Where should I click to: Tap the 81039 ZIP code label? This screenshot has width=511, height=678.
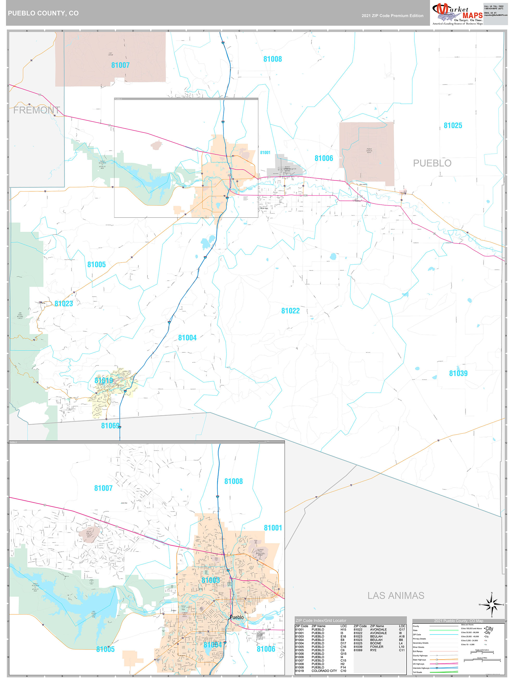(458, 373)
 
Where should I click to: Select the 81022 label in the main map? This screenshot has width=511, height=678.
(290, 311)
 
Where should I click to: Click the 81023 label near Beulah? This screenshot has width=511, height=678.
(64, 304)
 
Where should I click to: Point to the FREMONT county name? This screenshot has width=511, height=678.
(36, 110)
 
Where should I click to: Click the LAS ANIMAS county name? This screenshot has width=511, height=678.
(396, 596)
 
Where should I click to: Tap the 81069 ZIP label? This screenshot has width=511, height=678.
(110, 426)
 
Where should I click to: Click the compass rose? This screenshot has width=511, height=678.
(492, 605)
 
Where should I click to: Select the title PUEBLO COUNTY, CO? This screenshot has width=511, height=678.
(43, 13)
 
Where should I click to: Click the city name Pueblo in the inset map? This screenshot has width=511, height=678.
(237, 617)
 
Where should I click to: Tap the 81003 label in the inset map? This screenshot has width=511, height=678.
(211, 580)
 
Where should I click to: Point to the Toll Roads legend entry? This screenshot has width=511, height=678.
(417, 672)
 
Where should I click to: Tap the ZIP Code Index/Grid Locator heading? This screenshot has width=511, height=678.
(321, 620)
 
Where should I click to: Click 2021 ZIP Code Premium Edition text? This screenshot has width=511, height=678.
(392, 16)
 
